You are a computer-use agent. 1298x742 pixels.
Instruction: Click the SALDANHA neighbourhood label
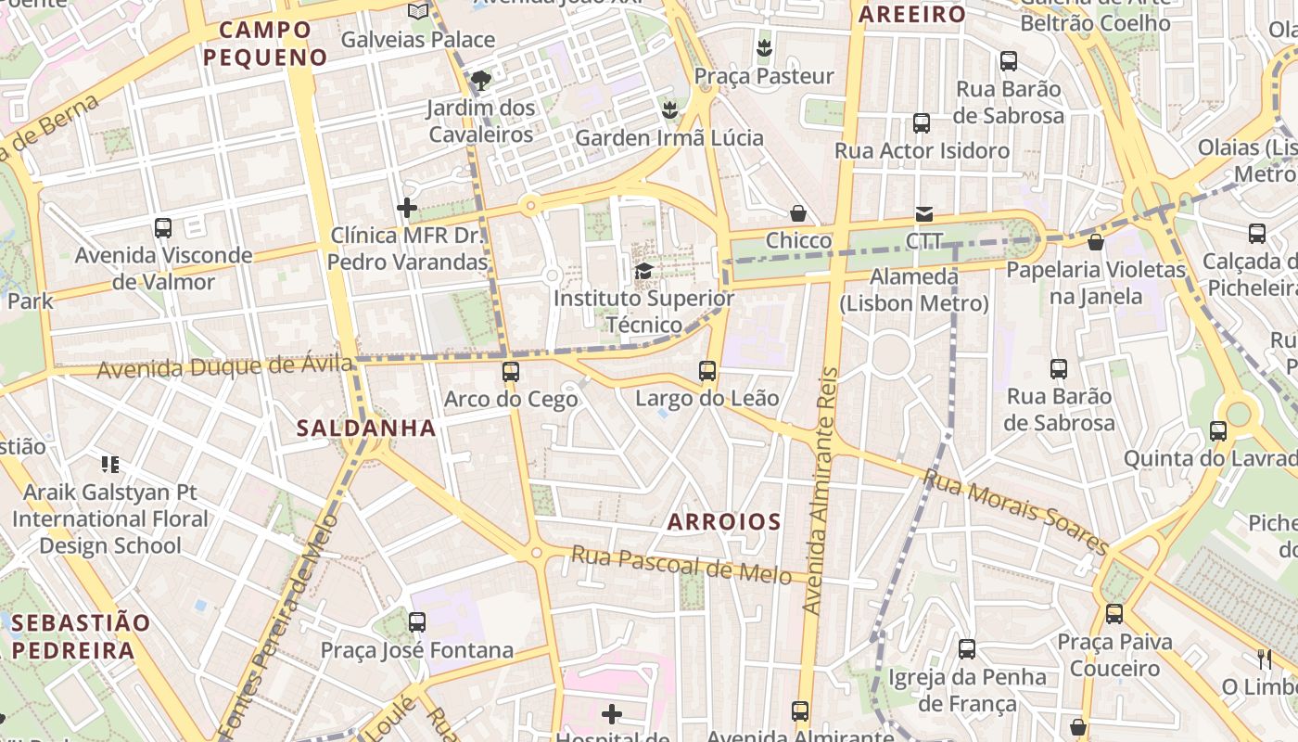(366, 428)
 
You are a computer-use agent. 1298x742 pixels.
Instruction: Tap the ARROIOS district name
(724, 521)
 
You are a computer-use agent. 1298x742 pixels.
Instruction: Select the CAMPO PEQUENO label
(265, 44)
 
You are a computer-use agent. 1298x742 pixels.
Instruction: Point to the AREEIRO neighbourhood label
(912, 14)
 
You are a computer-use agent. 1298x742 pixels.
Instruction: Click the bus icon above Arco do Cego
(510, 372)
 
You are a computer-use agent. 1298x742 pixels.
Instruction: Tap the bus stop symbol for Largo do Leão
(707, 371)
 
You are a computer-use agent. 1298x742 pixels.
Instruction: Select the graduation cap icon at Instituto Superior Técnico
(643, 271)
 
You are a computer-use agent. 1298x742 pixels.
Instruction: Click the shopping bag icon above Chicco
(798, 213)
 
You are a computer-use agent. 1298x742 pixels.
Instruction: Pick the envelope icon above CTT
(924, 214)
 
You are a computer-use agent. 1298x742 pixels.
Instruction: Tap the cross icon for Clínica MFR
(407, 208)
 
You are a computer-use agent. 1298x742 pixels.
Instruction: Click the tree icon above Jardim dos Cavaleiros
(480, 81)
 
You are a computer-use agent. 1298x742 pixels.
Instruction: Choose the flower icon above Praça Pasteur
(765, 47)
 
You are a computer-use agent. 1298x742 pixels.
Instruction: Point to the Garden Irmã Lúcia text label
(669, 138)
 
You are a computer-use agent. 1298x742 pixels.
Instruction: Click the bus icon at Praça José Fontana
(417, 621)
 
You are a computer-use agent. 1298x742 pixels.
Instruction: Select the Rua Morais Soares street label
(1016, 512)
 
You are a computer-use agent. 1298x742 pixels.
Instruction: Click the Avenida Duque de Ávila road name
(225, 366)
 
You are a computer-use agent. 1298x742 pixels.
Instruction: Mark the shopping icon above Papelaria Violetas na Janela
(1096, 242)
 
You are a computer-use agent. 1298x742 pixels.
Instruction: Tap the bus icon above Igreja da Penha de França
(967, 648)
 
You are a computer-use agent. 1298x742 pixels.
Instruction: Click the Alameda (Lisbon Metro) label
(914, 289)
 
